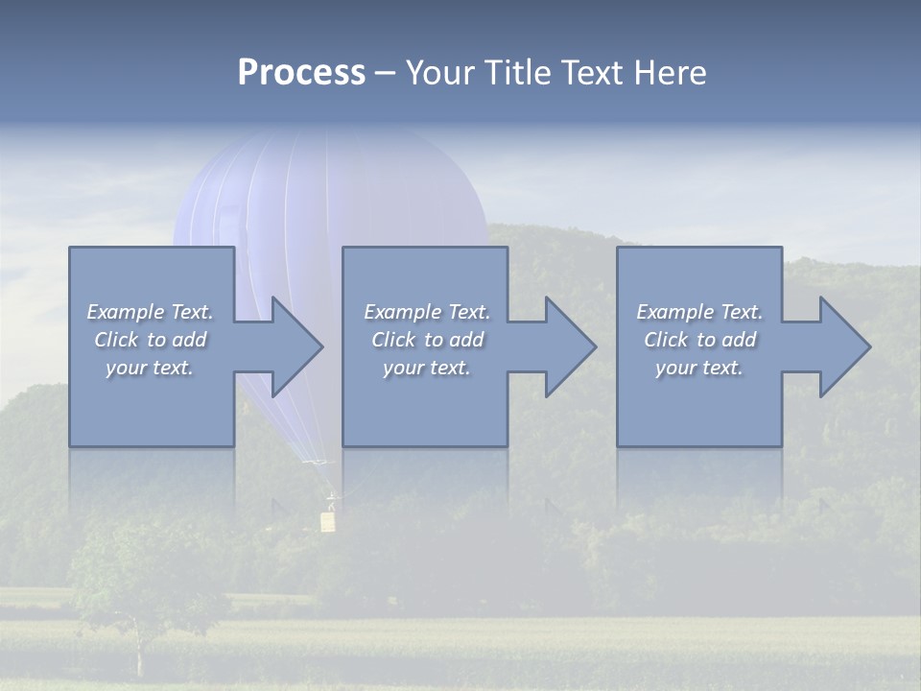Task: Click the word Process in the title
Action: click(301, 73)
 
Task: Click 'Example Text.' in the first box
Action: click(151, 312)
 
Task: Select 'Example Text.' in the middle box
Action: click(427, 312)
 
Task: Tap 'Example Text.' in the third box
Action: click(699, 312)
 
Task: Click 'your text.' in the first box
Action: click(150, 368)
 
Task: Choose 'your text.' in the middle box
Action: click(427, 368)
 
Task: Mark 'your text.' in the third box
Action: click(699, 368)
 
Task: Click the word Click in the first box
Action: click(116, 340)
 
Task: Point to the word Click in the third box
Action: click(666, 340)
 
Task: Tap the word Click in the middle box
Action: click(393, 340)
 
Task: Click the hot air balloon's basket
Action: click(328, 521)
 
